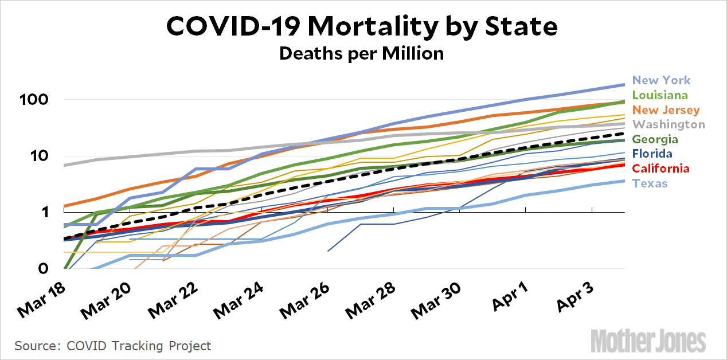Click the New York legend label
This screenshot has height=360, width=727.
pos(661,80)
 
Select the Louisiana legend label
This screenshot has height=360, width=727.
pos(660,95)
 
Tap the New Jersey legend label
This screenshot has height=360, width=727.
pos(666,109)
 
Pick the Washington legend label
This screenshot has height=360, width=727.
pos(669,124)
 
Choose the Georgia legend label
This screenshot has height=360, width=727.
pos(655,139)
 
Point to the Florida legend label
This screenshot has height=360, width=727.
pos(652,154)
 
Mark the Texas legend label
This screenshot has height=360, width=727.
pos(650,183)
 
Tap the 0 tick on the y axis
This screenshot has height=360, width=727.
pos(44,269)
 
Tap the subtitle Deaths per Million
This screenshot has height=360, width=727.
pos(362,53)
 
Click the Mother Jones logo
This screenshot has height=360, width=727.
pos(648,340)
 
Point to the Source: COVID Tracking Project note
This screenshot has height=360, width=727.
pos(113,346)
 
